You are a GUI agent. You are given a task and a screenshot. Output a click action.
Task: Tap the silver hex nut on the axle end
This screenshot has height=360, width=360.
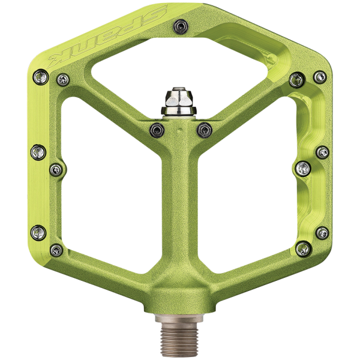click(x=179, y=101)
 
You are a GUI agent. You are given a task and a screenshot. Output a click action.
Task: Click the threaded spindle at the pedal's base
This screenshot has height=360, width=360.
click(x=179, y=336)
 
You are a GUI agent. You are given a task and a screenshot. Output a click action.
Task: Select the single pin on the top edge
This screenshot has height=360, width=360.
click(x=181, y=26)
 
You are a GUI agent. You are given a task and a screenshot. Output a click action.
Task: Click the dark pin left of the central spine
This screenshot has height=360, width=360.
click(x=157, y=130)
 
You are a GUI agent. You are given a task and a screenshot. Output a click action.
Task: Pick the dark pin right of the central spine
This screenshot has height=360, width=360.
click(x=205, y=130)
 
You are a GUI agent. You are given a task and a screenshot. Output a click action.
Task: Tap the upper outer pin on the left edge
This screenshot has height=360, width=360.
click(x=41, y=77)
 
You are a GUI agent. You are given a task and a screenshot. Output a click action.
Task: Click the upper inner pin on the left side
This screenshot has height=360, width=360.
click(x=63, y=80)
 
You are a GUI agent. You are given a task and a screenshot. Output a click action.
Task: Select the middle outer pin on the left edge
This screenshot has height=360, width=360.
click(x=38, y=152)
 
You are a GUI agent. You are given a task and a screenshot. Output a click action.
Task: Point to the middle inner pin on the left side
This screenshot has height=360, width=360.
click(x=56, y=170)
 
